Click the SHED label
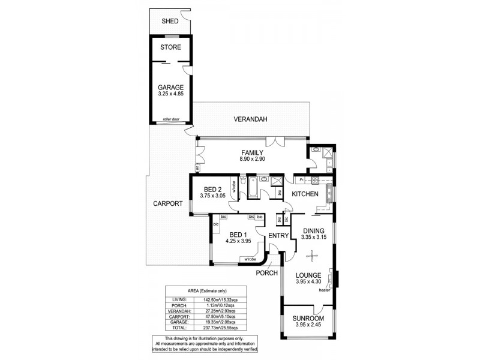pyautogui.click(x=170, y=22)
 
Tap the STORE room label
pyautogui.click(x=171, y=47)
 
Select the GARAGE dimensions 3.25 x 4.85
pyautogui.click(x=171, y=94)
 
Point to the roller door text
pyautogui.click(x=171, y=119)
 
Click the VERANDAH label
pyautogui.click(x=250, y=119)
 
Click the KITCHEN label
pyautogui.click(x=305, y=194)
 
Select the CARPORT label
pyautogui.click(x=167, y=203)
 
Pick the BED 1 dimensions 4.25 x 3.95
pyautogui.click(x=238, y=241)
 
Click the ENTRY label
pyautogui.click(x=279, y=235)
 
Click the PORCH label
pyautogui.click(x=266, y=273)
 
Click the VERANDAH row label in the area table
pyautogui.click(x=180, y=312)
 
